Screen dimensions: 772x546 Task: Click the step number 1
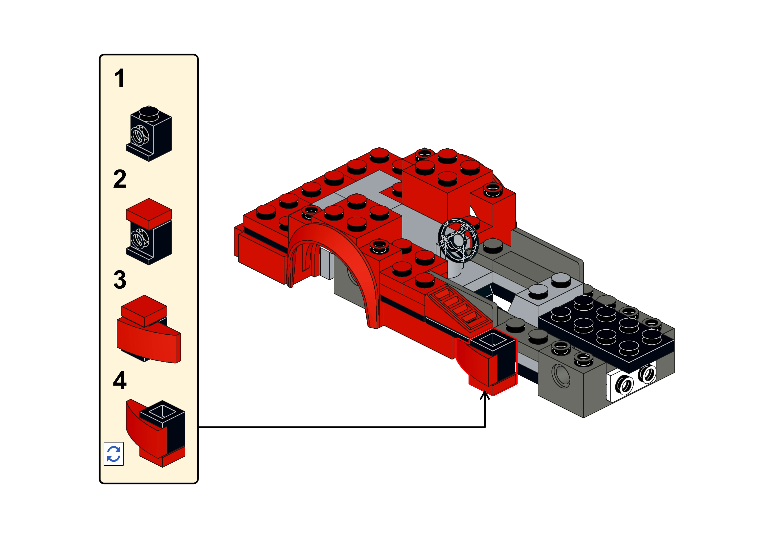(x=119, y=78)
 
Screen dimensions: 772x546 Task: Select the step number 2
(x=120, y=179)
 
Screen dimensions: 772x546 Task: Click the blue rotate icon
(x=114, y=454)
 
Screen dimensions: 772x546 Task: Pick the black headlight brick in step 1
(x=149, y=134)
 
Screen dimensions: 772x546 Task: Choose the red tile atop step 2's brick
(x=149, y=214)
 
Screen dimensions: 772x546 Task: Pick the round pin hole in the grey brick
(x=561, y=376)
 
